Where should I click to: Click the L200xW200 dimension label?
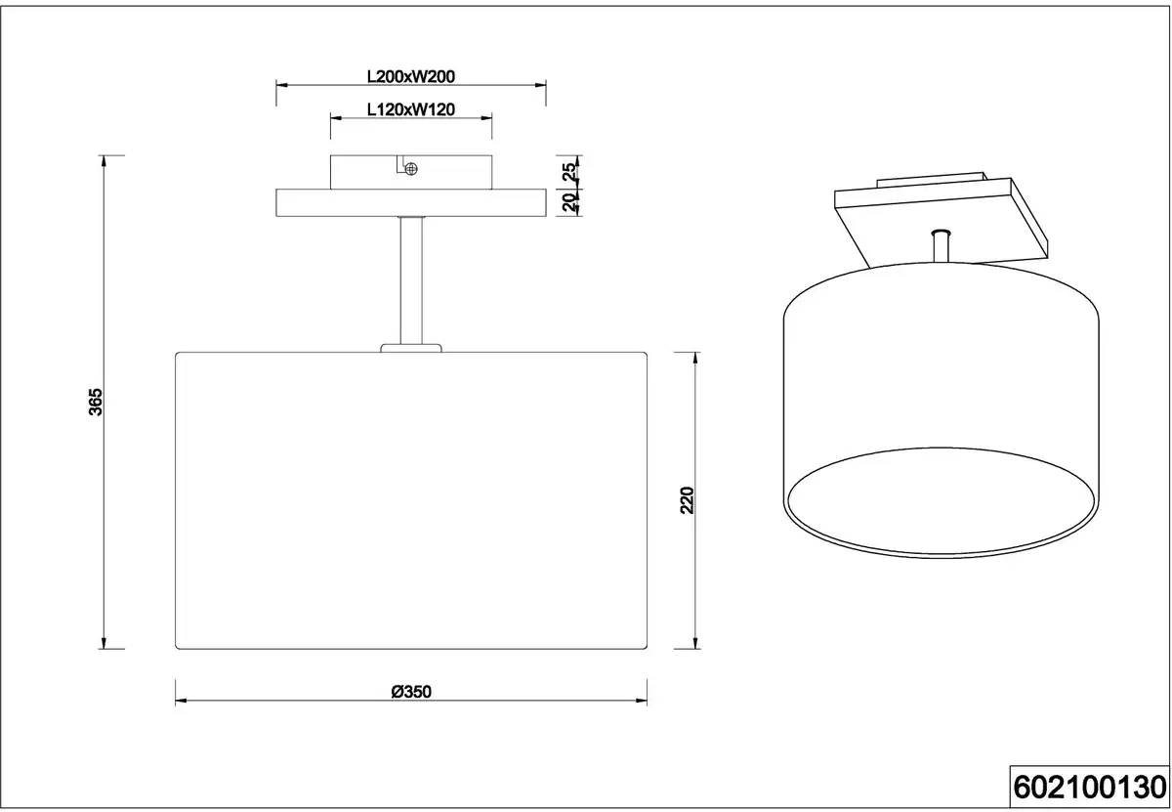(x=411, y=76)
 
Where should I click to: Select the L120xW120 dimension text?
(x=411, y=109)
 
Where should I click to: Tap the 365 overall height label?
(x=96, y=402)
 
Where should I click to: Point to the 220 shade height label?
(x=687, y=500)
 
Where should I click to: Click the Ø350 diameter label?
(x=411, y=692)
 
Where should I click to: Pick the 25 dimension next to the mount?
(x=568, y=172)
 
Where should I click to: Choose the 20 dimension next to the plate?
(x=568, y=202)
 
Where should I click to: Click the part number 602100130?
(x=1090, y=788)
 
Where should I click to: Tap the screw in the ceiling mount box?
(x=411, y=169)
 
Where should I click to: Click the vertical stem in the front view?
(x=411, y=280)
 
